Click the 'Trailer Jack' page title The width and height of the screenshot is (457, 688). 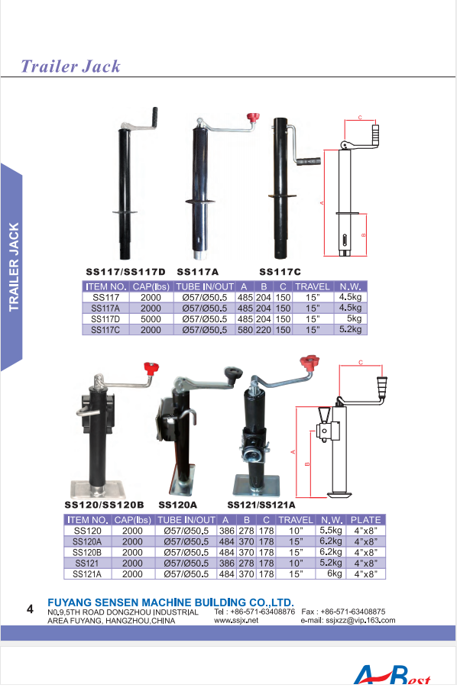(x=70, y=66)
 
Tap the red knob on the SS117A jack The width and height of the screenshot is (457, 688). (x=253, y=118)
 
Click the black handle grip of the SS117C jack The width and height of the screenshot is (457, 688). (x=309, y=161)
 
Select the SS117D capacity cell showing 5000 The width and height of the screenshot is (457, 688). (x=151, y=319)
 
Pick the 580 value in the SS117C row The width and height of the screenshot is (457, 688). (x=245, y=330)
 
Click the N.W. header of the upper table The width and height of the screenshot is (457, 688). (x=350, y=286)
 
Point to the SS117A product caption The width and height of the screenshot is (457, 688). (x=198, y=272)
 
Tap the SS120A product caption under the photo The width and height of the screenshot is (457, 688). (x=178, y=505)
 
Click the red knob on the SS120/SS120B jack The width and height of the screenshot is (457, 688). (x=151, y=368)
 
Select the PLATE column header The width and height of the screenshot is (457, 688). (x=366, y=520)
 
